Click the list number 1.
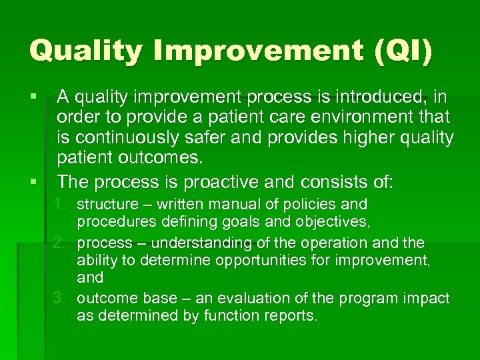pos(61,204)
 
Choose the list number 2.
pos(61,243)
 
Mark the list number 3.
pos(61,298)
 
